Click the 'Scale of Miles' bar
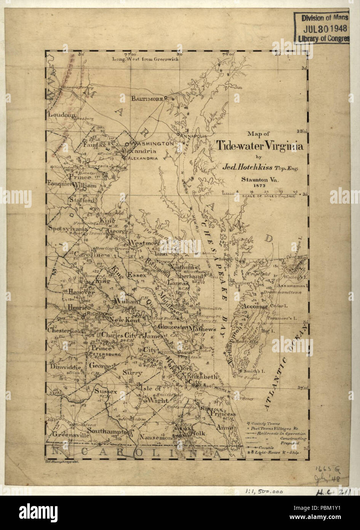pos(263,193)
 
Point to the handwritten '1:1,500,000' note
pos(263,492)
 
